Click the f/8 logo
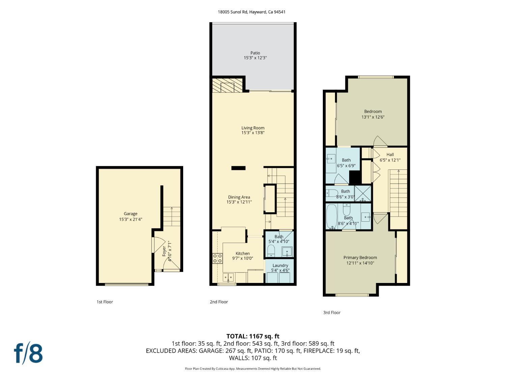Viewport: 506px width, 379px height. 28,353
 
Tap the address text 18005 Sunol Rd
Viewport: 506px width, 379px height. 233,12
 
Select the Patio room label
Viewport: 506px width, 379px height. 255,53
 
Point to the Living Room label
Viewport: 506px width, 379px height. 253,128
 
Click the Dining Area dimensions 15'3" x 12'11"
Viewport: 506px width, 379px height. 239,202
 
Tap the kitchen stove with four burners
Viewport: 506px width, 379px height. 218,258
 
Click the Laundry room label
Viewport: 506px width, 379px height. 280,265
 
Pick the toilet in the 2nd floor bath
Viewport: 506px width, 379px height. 271,251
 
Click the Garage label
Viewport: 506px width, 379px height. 130,214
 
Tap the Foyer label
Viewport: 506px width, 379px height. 164,251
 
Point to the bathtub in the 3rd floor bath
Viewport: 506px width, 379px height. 331,217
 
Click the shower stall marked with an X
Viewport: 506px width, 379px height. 363,193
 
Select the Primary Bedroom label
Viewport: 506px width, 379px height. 360,257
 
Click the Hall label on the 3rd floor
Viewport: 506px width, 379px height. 390,155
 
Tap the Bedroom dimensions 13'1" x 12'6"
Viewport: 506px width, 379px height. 373,117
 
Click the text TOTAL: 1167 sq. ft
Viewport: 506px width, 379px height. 253,336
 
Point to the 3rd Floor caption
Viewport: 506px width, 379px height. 332,313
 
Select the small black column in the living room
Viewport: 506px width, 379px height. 238,168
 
